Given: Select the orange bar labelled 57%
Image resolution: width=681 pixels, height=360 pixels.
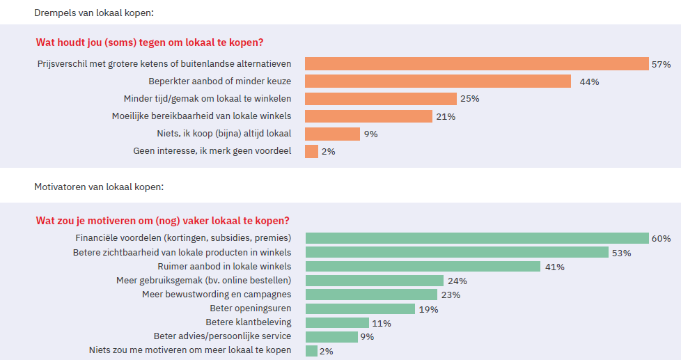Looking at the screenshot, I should click(476, 64).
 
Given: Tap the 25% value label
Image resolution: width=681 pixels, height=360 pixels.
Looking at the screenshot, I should click(470, 99).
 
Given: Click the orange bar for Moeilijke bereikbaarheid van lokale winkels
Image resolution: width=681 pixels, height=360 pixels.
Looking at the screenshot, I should click(368, 116).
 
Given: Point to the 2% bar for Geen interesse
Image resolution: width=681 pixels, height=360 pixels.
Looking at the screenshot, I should click(311, 151).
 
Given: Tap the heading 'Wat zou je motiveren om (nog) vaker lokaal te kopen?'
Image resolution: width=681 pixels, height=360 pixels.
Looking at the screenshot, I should click(162, 221).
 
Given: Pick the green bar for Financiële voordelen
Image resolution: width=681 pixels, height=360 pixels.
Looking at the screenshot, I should click(477, 238).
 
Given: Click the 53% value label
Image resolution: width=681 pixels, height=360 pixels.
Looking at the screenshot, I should click(622, 253).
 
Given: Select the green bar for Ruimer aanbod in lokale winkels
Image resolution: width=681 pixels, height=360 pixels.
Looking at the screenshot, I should click(423, 267).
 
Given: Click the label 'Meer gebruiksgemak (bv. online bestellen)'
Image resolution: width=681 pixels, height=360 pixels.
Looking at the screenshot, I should click(203, 281).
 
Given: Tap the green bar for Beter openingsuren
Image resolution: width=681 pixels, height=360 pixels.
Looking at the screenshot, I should click(360, 308).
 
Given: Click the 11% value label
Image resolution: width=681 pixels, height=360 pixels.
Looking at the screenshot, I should click(382, 323).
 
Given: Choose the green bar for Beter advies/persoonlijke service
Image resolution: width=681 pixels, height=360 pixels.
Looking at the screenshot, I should click(331, 337).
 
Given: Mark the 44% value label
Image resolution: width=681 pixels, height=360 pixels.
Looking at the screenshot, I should click(589, 82).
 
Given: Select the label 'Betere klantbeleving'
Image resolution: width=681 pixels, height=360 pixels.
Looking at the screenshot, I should click(249, 322).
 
